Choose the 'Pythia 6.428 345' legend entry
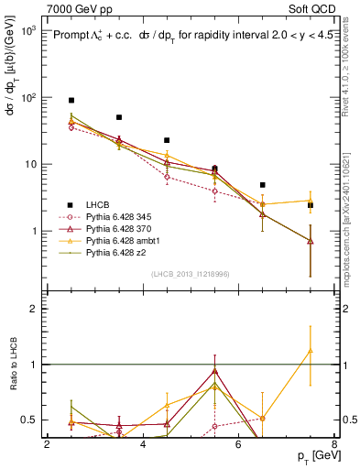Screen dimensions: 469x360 point(122,216)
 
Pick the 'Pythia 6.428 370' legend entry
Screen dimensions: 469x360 point(122,228)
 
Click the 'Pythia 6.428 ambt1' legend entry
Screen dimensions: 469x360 point(125,240)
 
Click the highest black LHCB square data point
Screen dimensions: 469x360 point(71,100)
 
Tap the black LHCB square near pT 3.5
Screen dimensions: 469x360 point(119,117)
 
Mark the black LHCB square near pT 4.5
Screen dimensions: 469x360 point(167,140)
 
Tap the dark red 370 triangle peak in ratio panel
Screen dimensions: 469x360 point(214,371)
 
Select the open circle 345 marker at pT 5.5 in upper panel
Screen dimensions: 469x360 point(214,191)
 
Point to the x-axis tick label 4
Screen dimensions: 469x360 point(143,444)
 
